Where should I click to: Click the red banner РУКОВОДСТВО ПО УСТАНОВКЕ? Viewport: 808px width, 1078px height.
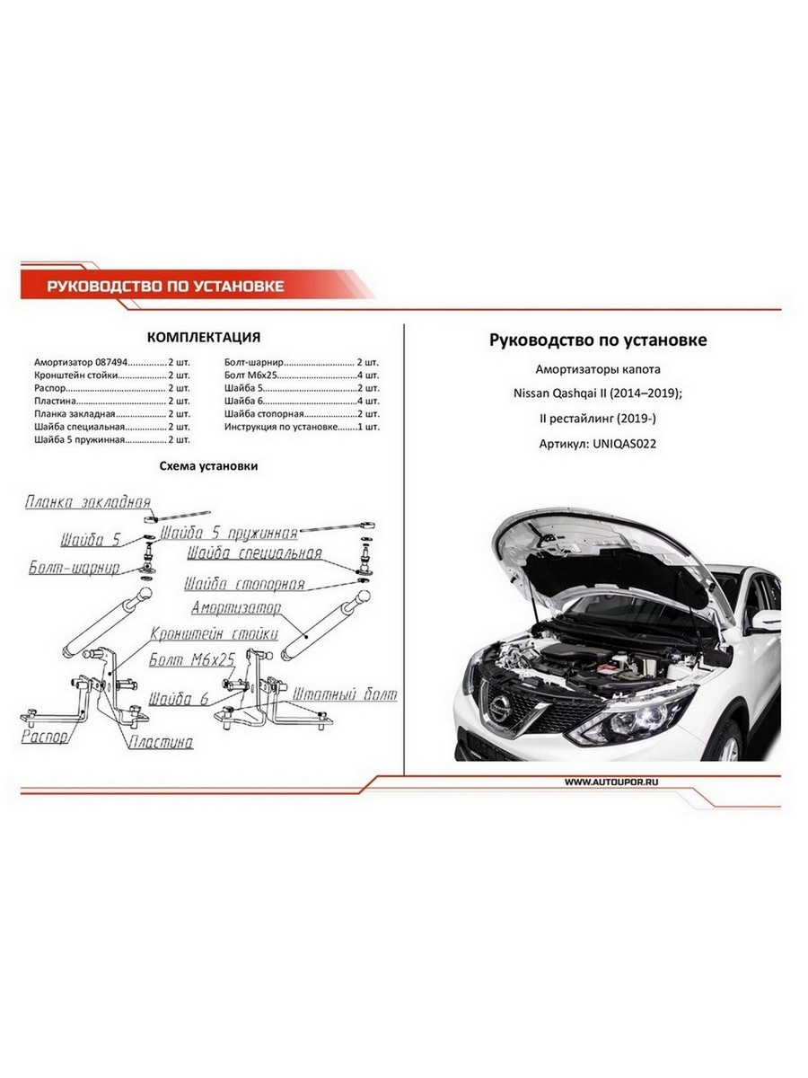click(x=165, y=287)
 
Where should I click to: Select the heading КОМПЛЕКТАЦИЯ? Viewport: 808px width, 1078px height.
click(x=203, y=337)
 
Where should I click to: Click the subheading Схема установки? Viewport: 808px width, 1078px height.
click(x=208, y=466)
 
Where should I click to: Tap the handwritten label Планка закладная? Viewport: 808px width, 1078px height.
click(x=88, y=501)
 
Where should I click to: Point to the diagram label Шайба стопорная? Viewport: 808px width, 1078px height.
click(x=244, y=585)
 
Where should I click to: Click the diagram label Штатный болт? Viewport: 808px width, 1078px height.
click(x=344, y=694)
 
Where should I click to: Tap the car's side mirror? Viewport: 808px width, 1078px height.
click(x=766, y=620)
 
